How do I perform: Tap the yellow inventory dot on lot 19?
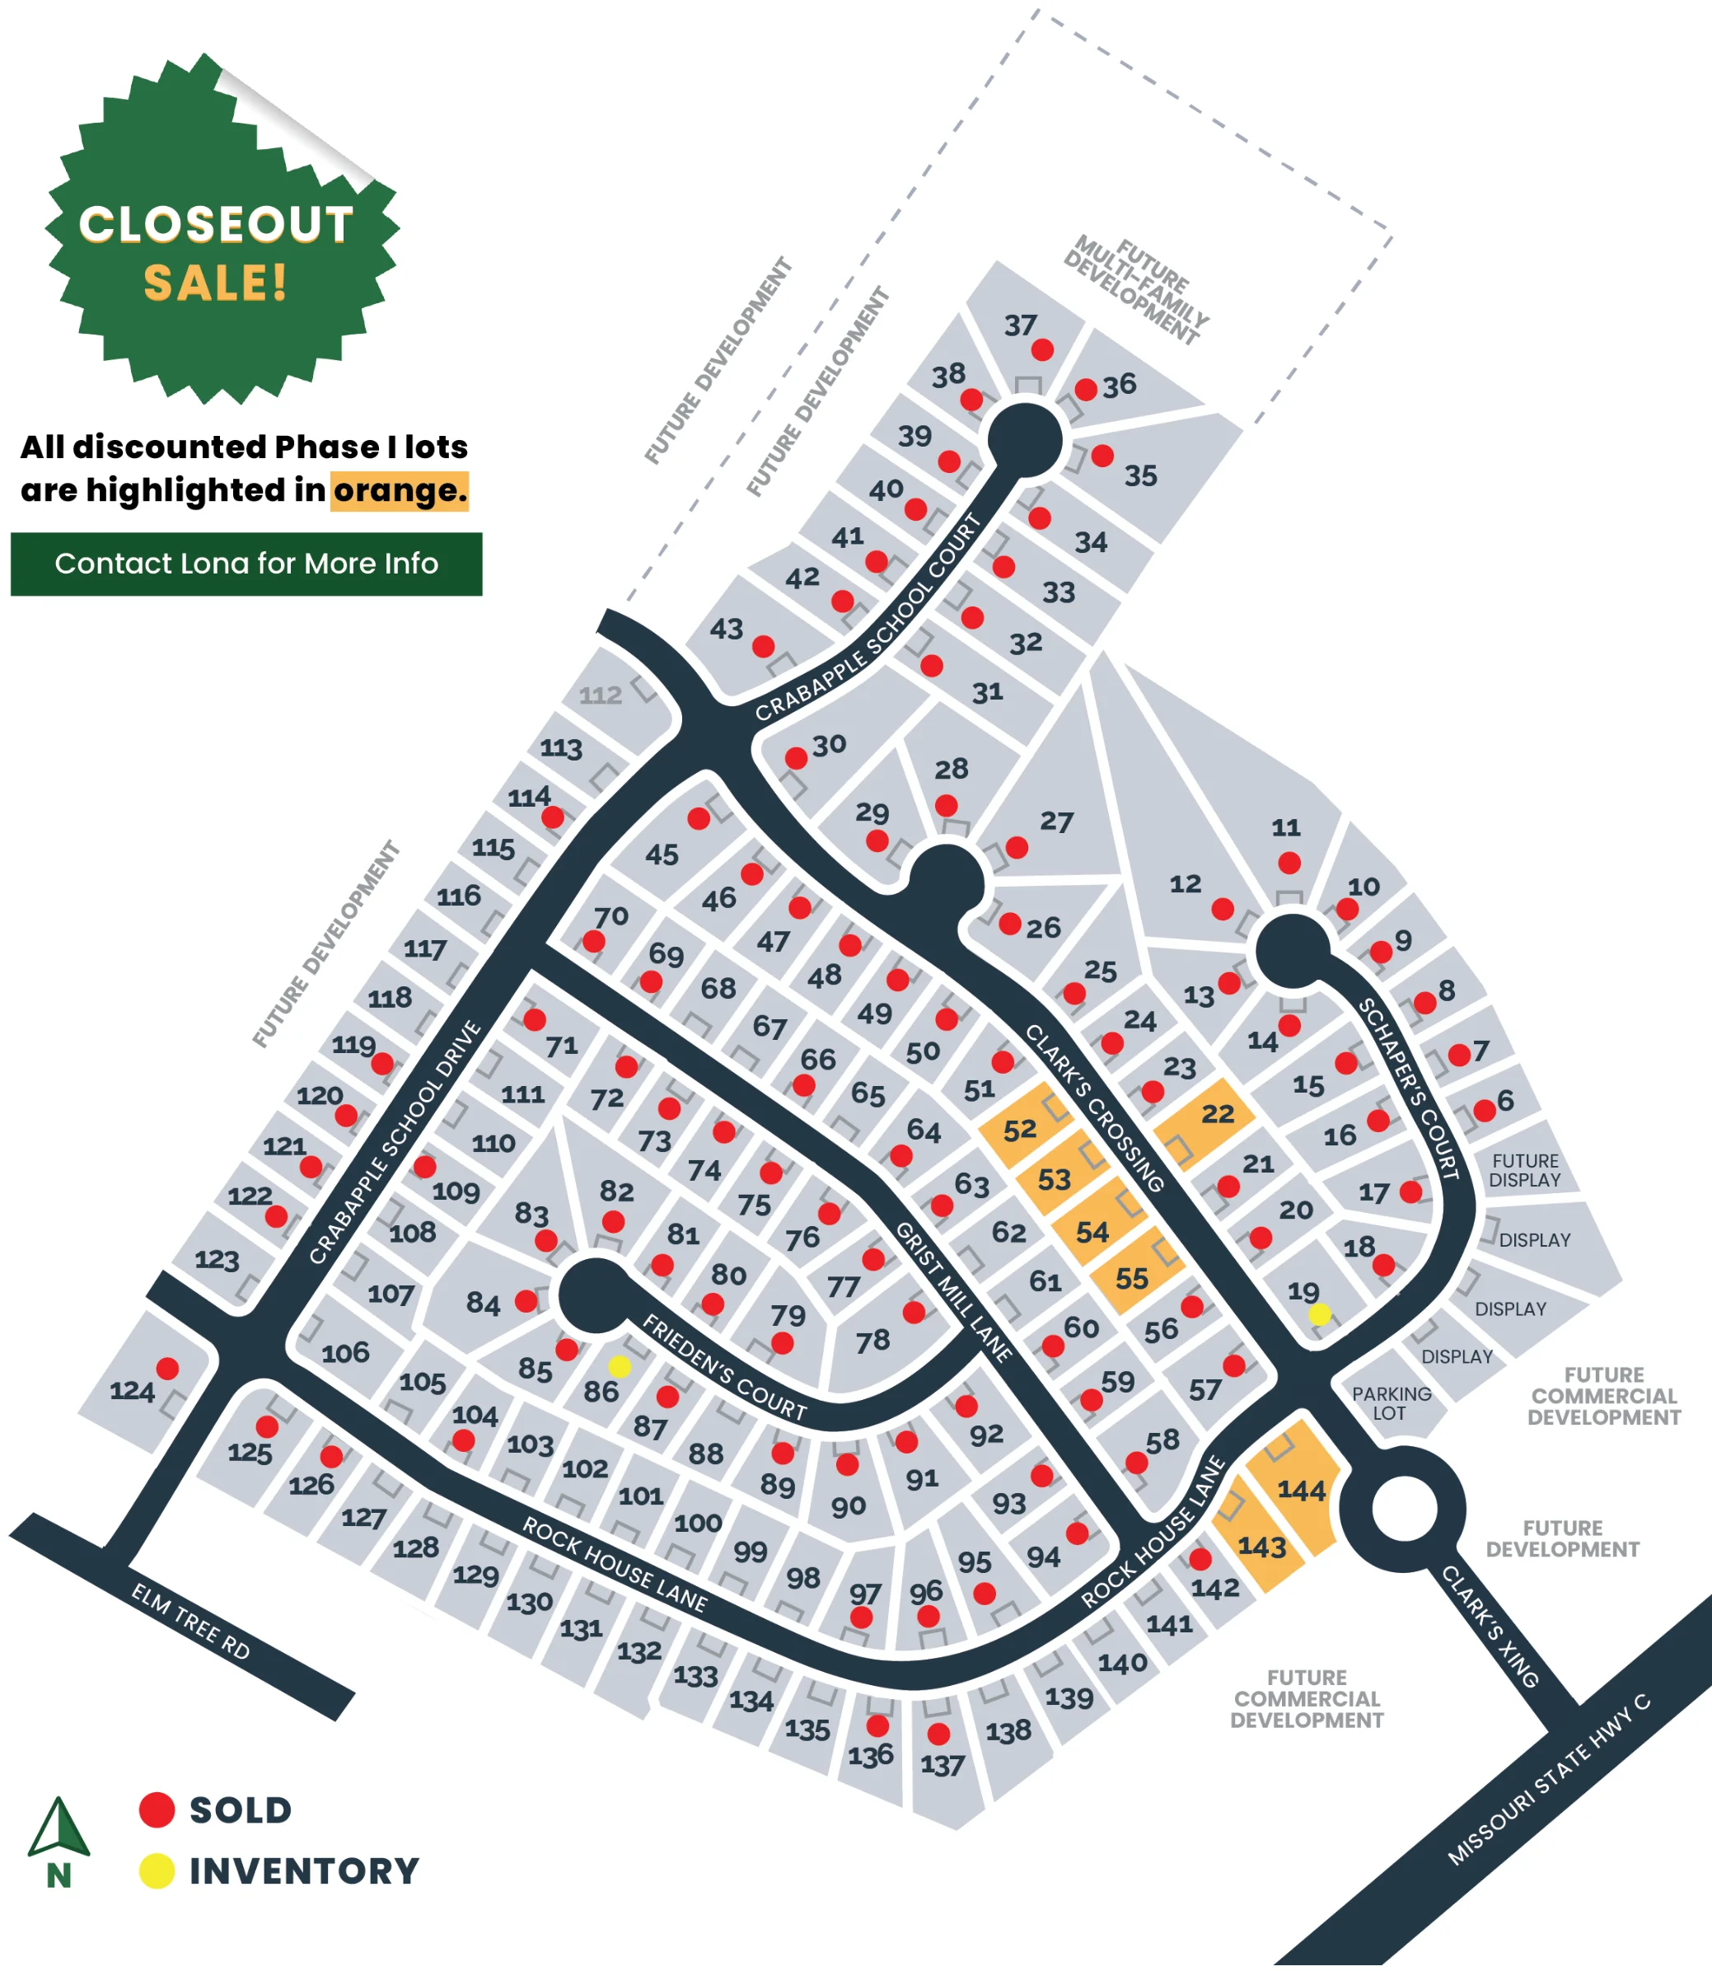pyautogui.click(x=1319, y=1314)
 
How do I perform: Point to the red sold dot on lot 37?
pyautogui.click(x=1042, y=349)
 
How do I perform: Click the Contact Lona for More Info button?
pyautogui.click(x=246, y=564)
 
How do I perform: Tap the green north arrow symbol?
pyautogui.click(x=59, y=1826)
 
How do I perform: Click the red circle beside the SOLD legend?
pyautogui.click(x=157, y=1809)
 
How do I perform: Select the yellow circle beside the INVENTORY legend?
pyautogui.click(x=157, y=1870)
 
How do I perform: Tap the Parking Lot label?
pyautogui.click(x=1391, y=1403)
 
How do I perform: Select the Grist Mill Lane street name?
pyautogui.click(x=952, y=1290)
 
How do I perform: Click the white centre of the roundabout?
pyautogui.click(x=1403, y=1509)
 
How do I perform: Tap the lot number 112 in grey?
pyautogui.click(x=600, y=695)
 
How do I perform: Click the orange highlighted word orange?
pyautogui.click(x=400, y=490)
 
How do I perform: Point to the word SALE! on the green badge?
pyautogui.click(x=215, y=283)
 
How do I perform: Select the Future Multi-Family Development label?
pyautogui.click(x=1136, y=289)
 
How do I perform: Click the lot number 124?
pyautogui.click(x=132, y=1391)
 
